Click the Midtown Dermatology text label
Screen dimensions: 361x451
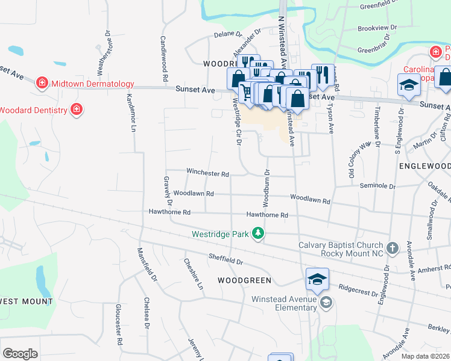tap(92, 84)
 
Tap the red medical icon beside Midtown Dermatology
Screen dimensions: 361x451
tap(42, 82)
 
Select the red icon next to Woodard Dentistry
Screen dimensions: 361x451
tap(77, 110)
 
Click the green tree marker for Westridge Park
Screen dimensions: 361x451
tap(258, 233)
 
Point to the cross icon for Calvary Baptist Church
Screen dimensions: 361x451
tap(393, 248)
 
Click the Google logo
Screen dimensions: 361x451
tap(20, 354)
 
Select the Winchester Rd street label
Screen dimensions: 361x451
tap(207, 173)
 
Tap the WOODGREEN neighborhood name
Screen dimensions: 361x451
tap(244, 280)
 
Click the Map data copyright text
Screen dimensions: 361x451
tap(426, 356)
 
